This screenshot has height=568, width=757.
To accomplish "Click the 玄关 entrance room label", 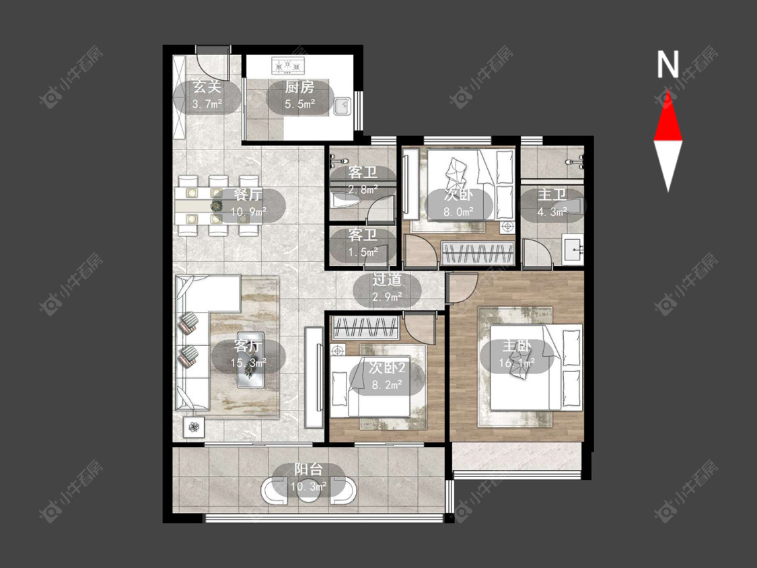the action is [x=207, y=87].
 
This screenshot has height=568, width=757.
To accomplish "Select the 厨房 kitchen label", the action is [x=299, y=87].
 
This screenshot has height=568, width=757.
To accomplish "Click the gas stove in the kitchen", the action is [x=288, y=66].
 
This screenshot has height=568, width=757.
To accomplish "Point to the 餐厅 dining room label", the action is [x=248, y=194].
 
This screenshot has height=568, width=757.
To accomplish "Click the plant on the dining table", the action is [x=217, y=206].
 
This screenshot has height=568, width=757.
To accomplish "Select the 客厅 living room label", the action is [x=248, y=346].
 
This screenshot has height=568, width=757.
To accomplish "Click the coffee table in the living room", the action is [x=250, y=360].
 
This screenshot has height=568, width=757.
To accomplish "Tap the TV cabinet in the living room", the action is [x=314, y=378].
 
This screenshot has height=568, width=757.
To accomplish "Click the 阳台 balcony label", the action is [x=308, y=470].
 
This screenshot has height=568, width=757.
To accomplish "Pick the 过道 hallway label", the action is [x=387, y=279].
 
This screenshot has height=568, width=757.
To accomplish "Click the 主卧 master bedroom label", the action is [x=517, y=346].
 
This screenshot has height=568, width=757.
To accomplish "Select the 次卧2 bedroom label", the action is [x=387, y=367].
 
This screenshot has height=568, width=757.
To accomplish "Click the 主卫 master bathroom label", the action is [x=552, y=194].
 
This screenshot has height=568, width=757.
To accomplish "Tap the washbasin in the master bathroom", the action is [x=573, y=249].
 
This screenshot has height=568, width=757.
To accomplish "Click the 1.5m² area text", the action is [x=363, y=252].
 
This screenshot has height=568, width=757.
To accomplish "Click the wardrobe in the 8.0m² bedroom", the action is [x=478, y=252].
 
